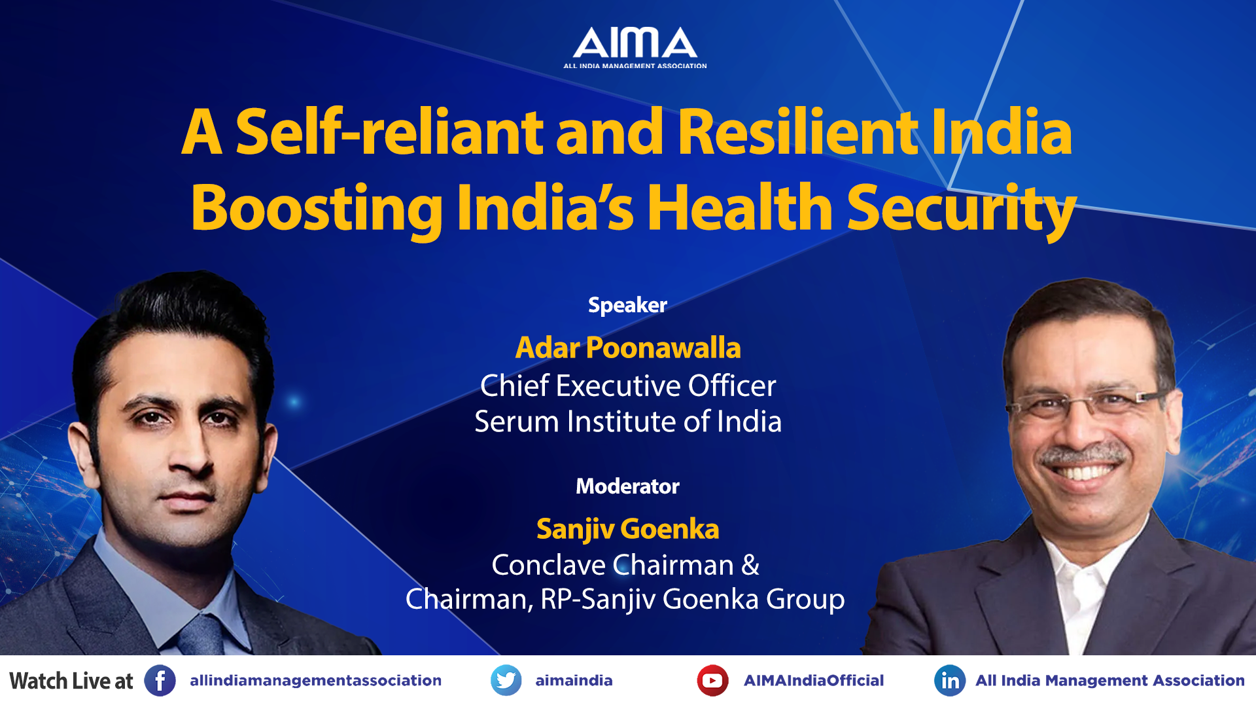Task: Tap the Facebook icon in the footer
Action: pyautogui.click(x=160, y=681)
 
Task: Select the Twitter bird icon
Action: pyautogui.click(x=506, y=681)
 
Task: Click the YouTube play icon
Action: pyautogui.click(x=712, y=681)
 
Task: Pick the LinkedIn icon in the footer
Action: pyautogui.click(x=950, y=681)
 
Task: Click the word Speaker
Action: pyautogui.click(x=627, y=306)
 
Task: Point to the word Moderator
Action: pyautogui.click(x=627, y=486)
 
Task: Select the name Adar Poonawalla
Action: pyautogui.click(x=628, y=348)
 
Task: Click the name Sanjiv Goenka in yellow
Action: pyautogui.click(x=628, y=529)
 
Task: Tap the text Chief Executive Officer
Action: pyautogui.click(x=628, y=386)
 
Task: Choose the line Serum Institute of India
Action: pyautogui.click(x=628, y=422)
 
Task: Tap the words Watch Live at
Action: pyautogui.click(x=71, y=681)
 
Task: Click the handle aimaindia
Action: pyautogui.click(x=574, y=681)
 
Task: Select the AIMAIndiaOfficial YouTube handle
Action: pyautogui.click(x=814, y=681)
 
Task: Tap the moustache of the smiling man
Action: pyautogui.click(x=1083, y=454)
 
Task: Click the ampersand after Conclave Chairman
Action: pyautogui.click(x=750, y=565)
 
